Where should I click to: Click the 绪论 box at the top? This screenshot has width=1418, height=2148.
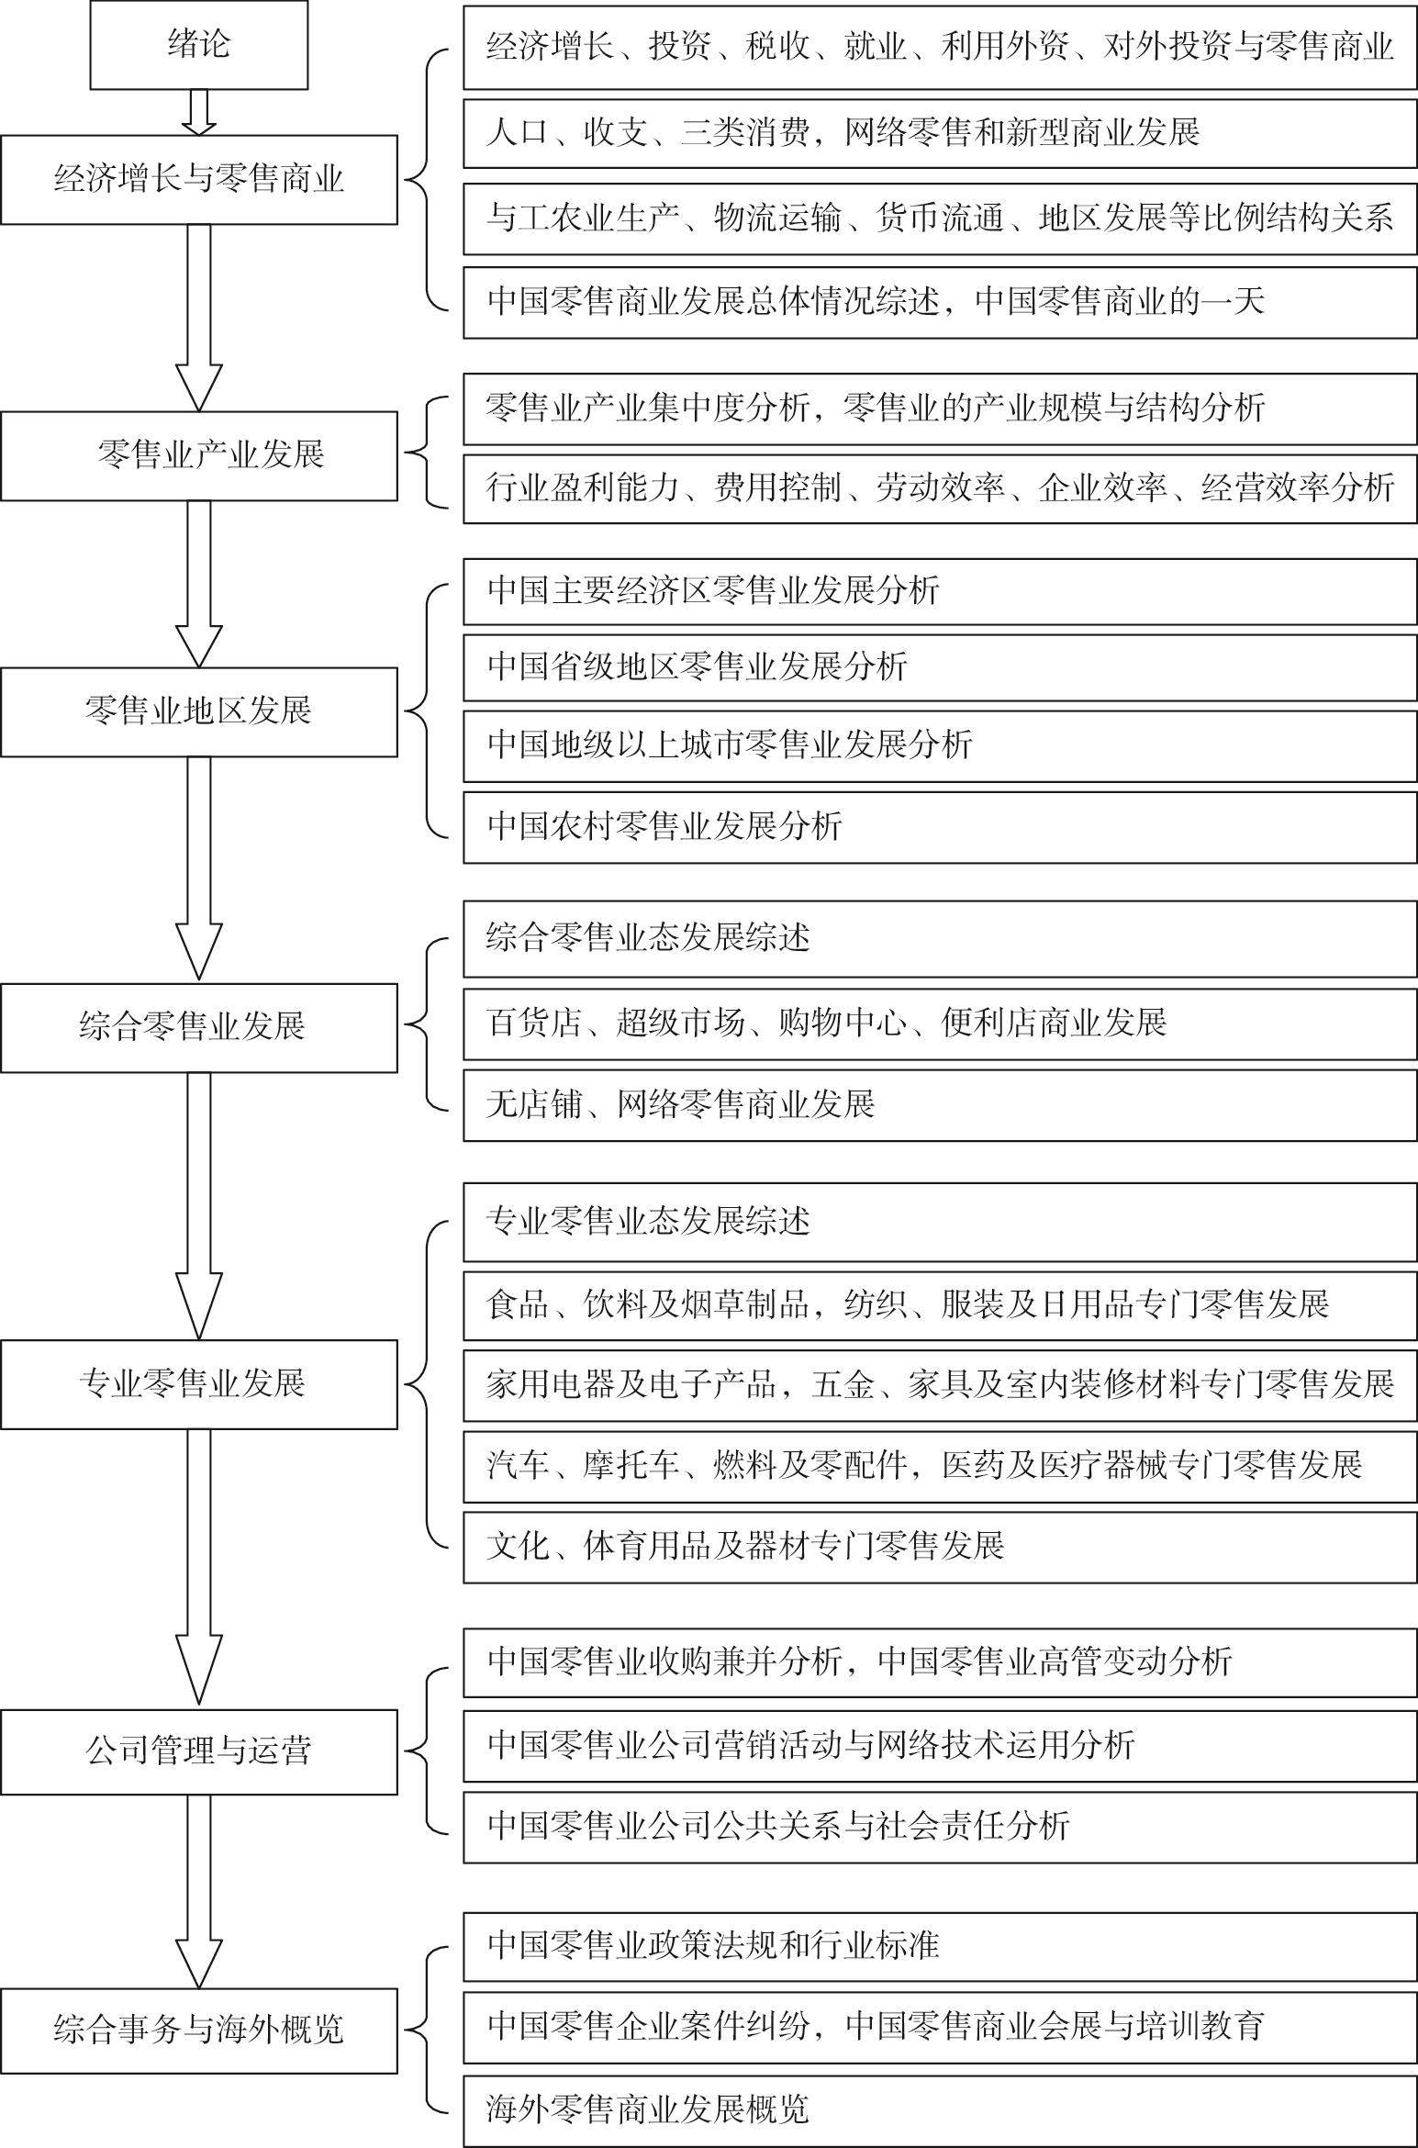(x=198, y=45)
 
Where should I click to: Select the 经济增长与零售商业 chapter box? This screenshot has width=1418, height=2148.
(x=199, y=180)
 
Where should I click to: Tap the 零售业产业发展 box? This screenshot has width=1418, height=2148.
(x=199, y=456)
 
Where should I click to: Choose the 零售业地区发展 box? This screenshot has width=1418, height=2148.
(x=199, y=712)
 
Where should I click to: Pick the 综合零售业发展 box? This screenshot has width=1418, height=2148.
(x=199, y=1028)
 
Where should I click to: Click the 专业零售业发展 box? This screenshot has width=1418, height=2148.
(x=199, y=1384)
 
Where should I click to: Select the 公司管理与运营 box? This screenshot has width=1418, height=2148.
(x=199, y=1751)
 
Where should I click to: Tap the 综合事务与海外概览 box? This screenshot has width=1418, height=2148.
(x=199, y=2030)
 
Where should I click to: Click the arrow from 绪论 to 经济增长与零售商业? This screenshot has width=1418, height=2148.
(x=198, y=112)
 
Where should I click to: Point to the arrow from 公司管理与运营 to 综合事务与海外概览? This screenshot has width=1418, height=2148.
(x=198, y=1890)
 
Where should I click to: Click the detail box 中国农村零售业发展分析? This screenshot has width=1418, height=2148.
(x=940, y=827)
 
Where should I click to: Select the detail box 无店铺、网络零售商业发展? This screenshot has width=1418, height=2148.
(x=940, y=1104)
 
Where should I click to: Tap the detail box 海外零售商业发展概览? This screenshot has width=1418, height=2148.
(x=940, y=2109)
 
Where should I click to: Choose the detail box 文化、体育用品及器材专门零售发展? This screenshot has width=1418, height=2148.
(x=940, y=1547)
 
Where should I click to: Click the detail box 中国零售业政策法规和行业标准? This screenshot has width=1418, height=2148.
(x=940, y=1945)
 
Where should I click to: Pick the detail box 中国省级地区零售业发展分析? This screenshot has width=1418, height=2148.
(x=940, y=667)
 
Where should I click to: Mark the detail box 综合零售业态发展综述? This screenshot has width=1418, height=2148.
(x=940, y=939)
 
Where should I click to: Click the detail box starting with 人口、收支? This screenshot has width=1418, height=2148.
(x=940, y=133)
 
